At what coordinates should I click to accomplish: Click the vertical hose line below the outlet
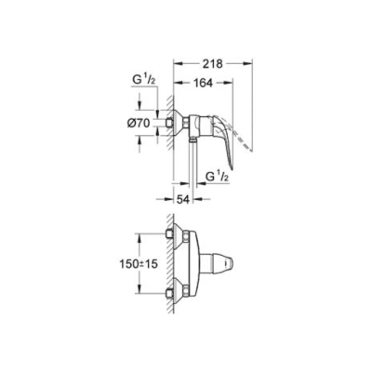point(193,172)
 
